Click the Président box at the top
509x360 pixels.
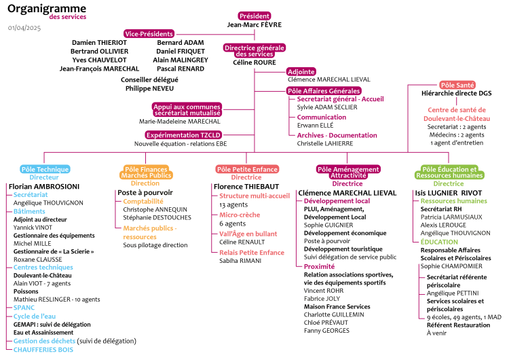coord(254,16)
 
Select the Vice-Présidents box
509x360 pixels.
coord(149,33)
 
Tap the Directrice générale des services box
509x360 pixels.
coord(254,51)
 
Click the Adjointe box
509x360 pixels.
coord(301,71)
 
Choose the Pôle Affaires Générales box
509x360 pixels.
coord(324,90)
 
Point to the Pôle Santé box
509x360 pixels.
coord(457,85)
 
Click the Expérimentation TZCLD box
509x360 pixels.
coord(183,135)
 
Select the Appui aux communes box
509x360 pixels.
coord(187,110)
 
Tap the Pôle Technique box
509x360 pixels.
coord(45,169)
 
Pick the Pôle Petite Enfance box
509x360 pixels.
coord(247,169)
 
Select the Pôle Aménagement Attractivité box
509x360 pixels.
coord(347,172)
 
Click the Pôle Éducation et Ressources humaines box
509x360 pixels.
coord(449,172)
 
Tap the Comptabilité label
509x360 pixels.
coord(143,201)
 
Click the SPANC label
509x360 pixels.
coord(24,307)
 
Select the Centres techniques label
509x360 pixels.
coord(43,267)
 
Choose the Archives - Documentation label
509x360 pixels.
coord(337,135)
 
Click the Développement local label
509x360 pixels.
coord(337,201)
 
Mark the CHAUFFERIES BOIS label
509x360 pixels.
coord(43,350)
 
